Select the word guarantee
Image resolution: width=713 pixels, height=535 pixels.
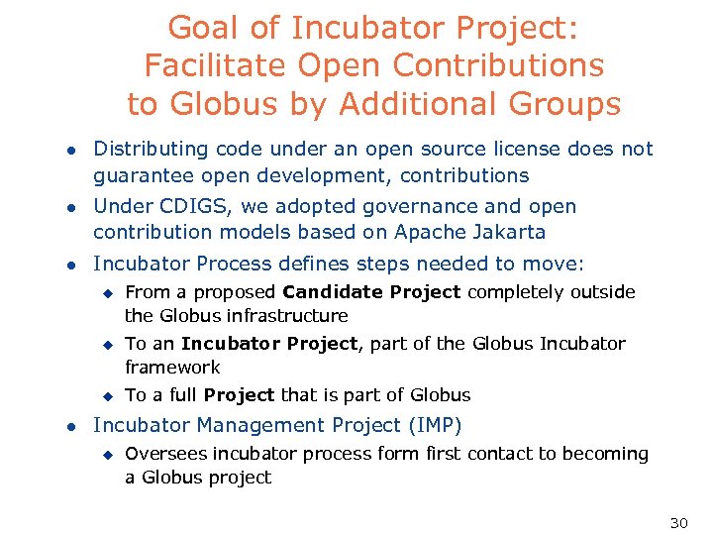[137, 175]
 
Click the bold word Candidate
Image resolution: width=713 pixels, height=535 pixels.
[333, 292]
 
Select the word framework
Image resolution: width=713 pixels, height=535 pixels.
[172, 368]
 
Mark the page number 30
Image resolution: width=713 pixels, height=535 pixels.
[678, 523]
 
